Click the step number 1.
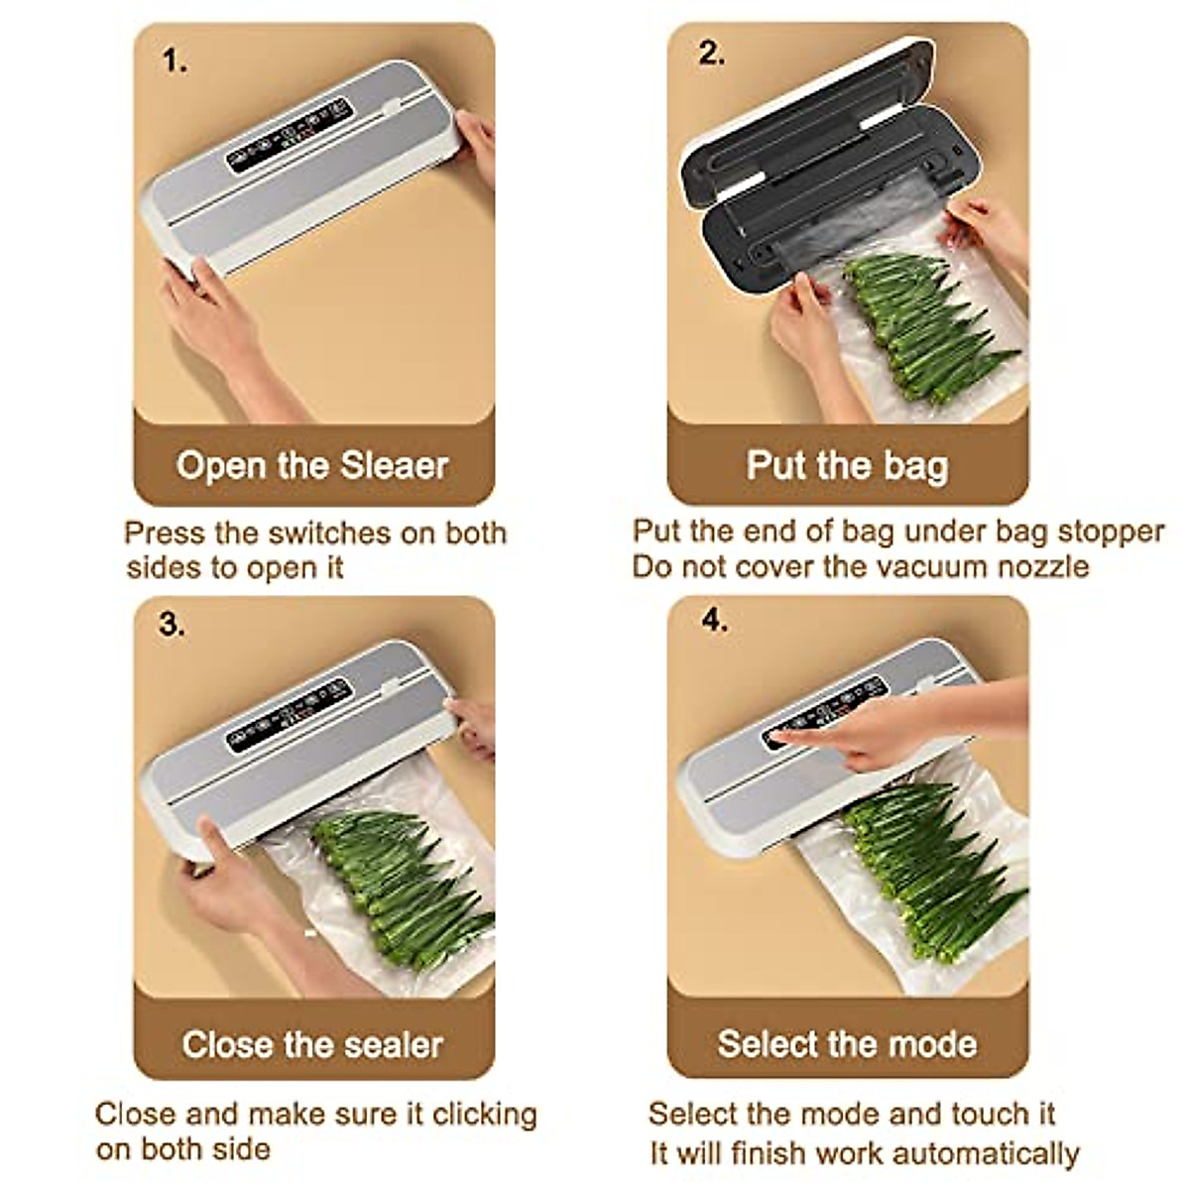(x=174, y=61)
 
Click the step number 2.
(x=710, y=54)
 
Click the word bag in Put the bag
(x=913, y=466)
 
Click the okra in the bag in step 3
(x=397, y=883)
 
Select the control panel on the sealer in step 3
(x=289, y=715)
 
